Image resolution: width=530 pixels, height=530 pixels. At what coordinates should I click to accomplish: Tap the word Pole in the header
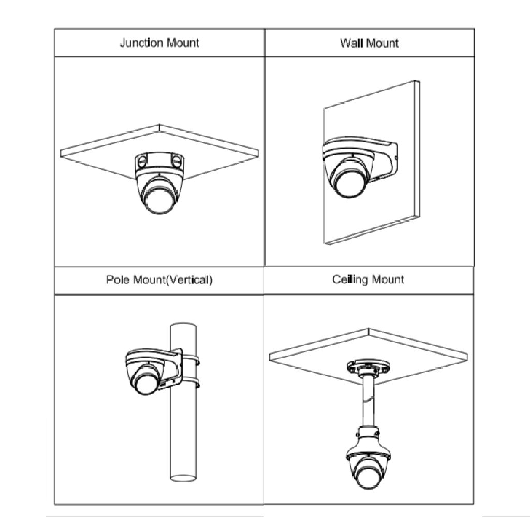(118, 280)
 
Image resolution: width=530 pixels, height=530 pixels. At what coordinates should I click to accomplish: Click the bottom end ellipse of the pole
(183, 478)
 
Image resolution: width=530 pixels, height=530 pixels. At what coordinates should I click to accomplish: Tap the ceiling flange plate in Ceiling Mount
(369, 367)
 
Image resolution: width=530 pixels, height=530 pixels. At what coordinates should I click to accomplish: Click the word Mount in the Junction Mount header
(183, 43)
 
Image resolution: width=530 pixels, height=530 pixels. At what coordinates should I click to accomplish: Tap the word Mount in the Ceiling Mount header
(388, 279)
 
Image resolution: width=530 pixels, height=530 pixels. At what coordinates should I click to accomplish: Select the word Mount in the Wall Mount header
(382, 43)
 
